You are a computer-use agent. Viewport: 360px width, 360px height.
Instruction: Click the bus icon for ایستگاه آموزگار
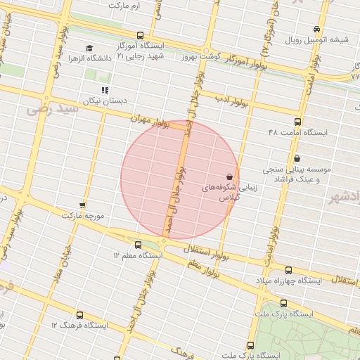point(140,35)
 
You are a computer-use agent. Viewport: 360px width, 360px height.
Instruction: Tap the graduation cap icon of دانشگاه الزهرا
point(89,48)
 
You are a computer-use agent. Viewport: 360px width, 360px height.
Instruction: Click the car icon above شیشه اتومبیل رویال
point(317,30)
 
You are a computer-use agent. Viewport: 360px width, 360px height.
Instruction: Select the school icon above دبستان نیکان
point(105,90)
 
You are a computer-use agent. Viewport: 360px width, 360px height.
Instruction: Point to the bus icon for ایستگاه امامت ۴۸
point(297,121)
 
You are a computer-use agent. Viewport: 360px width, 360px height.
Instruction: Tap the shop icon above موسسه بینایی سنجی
point(297,158)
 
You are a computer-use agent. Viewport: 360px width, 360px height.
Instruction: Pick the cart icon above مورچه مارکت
point(82,205)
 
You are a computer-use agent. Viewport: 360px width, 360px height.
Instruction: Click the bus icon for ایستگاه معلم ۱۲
point(137,245)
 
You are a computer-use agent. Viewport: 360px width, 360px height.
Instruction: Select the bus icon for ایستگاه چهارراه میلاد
point(289,270)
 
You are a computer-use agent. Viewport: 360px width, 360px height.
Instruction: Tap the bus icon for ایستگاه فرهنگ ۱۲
point(79,315)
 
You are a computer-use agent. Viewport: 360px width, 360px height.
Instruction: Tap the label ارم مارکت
point(125,5)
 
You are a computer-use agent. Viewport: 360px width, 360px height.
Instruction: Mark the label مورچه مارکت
point(83,215)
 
